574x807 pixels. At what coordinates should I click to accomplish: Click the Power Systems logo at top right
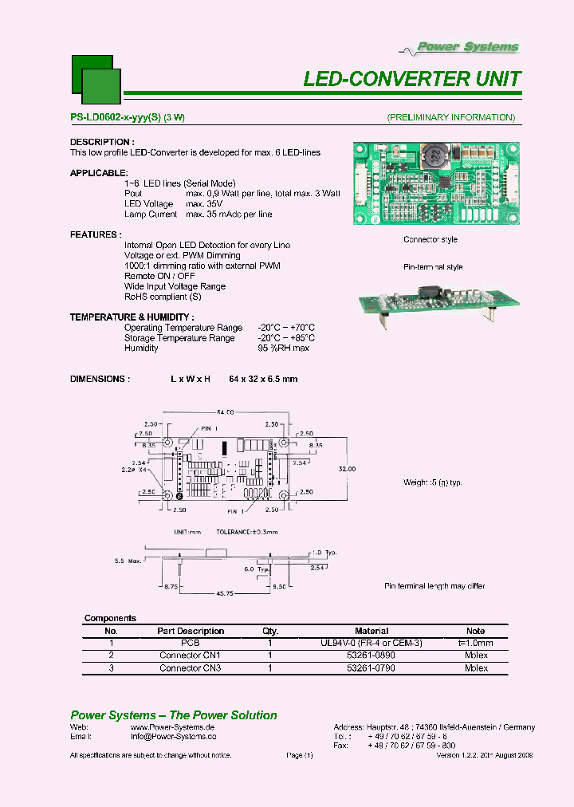(469, 47)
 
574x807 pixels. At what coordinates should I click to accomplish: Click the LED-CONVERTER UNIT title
(412, 79)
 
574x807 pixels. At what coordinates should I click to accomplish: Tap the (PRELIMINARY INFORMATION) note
(450, 118)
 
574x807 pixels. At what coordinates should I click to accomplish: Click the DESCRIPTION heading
(100, 142)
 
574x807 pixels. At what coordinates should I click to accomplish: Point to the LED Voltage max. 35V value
(203, 204)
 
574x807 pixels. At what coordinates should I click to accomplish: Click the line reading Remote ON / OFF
(159, 276)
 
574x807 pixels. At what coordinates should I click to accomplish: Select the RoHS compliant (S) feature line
(163, 297)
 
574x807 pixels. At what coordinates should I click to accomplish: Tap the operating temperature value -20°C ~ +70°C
(286, 328)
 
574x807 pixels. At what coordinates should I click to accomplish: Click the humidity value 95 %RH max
(283, 348)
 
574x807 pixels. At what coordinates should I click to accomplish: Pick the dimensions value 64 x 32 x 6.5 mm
(263, 379)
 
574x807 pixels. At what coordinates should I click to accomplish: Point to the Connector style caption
(430, 240)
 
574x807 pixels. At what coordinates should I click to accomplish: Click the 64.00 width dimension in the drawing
(224, 412)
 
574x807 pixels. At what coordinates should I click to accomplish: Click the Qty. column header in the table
(270, 631)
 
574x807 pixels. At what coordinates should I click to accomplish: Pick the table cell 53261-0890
(372, 655)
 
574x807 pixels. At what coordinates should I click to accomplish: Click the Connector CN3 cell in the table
(190, 668)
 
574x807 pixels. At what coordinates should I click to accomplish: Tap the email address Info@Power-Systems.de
(174, 738)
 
